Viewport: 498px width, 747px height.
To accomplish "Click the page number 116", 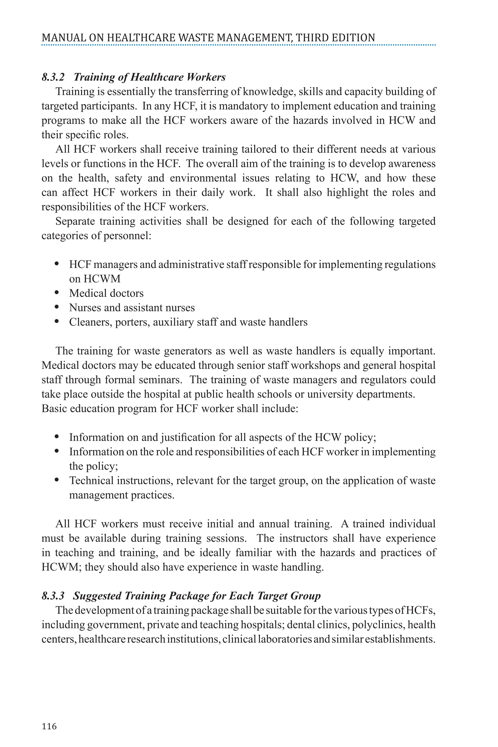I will [49, 726].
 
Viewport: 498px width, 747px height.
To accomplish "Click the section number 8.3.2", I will [53, 77].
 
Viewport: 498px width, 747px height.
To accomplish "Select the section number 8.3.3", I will [53, 596].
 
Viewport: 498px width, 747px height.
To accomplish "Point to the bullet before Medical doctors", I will [57, 293].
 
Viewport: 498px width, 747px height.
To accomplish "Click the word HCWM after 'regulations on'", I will [102, 279].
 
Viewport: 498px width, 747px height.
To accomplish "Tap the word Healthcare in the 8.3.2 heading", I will [157, 77].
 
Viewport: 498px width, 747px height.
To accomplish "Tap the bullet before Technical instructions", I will [57, 480].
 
